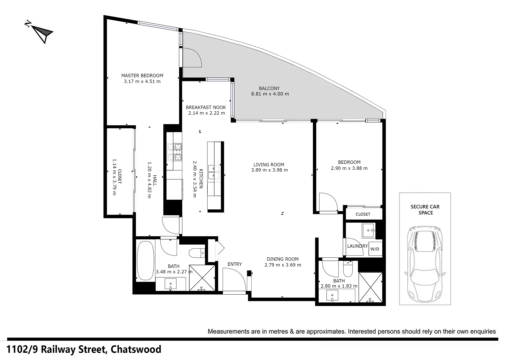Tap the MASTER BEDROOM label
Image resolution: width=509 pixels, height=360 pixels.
point(142,76)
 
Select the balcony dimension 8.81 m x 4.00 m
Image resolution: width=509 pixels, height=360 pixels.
point(270,94)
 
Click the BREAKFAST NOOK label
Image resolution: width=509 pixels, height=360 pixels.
point(206,107)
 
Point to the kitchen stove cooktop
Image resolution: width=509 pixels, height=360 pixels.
point(175,152)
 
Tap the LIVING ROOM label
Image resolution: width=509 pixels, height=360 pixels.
point(269,165)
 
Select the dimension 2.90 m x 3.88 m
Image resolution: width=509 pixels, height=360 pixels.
point(349,168)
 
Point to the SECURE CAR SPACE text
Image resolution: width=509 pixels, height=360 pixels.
point(425,210)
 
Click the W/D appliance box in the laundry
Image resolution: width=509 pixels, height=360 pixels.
point(375,249)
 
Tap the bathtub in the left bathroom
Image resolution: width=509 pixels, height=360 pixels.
point(145,261)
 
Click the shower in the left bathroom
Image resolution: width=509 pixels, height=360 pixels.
point(202,278)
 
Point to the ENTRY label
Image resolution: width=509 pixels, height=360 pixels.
point(235,264)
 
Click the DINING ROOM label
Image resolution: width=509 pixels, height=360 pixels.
point(282,259)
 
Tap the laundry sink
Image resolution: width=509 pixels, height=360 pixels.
point(368,230)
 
